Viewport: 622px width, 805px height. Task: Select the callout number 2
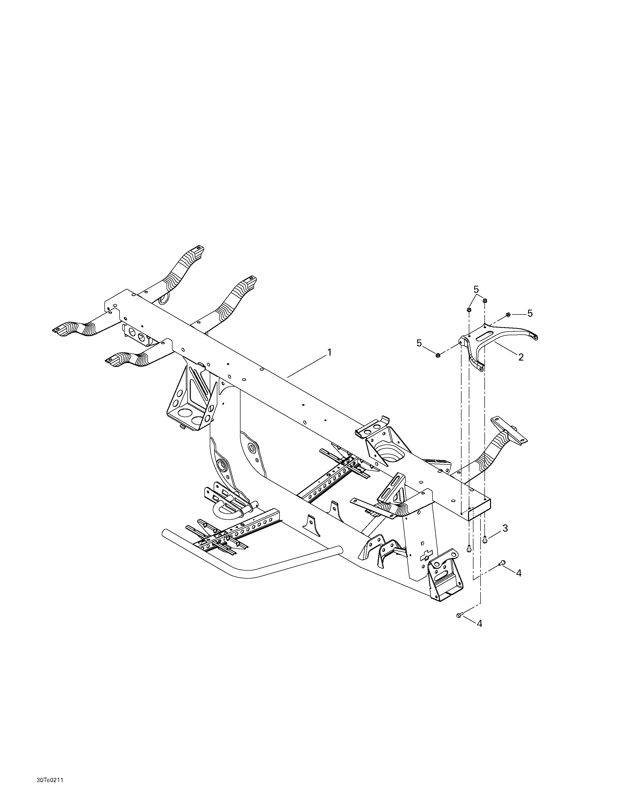[521, 357]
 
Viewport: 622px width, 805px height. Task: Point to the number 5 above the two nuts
[476, 289]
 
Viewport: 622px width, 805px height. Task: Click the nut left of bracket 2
[438, 355]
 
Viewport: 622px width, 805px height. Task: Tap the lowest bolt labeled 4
[460, 615]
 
